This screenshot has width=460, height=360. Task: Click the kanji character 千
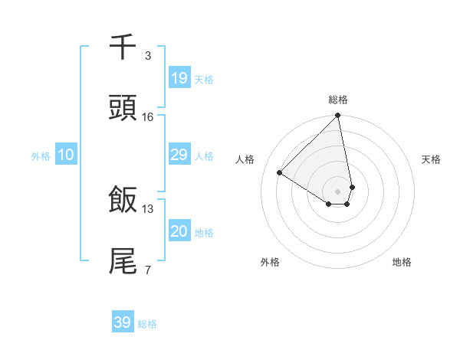(x=123, y=47)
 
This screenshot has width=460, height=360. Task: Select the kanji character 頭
(x=123, y=109)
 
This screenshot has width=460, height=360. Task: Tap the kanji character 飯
(x=123, y=200)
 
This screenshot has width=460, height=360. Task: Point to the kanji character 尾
(x=123, y=260)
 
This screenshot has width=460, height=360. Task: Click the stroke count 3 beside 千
(x=148, y=56)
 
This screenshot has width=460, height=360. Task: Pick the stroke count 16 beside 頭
(x=148, y=117)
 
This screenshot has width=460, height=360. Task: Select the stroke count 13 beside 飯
(x=148, y=208)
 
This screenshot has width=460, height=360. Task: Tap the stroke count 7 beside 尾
(x=148, y=269)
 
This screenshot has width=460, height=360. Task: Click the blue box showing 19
(x=179, y=78)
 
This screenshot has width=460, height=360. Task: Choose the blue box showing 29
(x=179, y=155)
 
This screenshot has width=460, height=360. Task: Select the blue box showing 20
(x=179, y=231)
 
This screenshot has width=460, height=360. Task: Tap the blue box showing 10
(x=65, y=155)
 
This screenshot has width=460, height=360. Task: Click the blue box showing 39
(x=122, y=322)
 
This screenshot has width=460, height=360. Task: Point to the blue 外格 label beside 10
(x=41, y=156)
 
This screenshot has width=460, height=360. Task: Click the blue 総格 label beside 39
(x=147, y=324)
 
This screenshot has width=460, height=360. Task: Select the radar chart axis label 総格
(x=338, y=100)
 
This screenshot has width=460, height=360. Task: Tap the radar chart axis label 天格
(x=431, y=159)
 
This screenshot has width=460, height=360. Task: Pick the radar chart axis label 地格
(x=402, y=262)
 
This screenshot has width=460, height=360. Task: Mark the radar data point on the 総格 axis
(x=338, y=116)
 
